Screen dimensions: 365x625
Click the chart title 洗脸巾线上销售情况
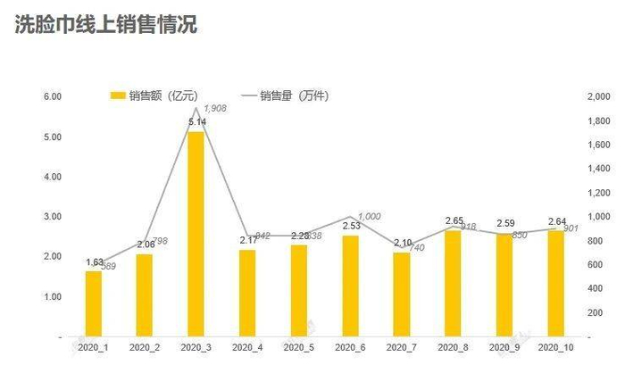point(106,24)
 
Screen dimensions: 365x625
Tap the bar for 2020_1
point(94,303)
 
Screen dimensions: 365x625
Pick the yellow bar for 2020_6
point(351,286)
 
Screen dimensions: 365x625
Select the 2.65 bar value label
point(454,220)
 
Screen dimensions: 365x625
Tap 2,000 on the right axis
point(597,96)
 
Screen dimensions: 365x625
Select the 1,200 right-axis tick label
point(597,193)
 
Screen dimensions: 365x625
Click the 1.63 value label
point(94,261)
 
